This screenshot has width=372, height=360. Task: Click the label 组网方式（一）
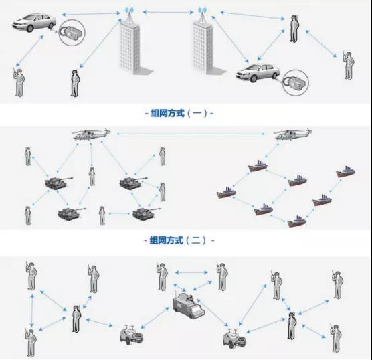point(179,114)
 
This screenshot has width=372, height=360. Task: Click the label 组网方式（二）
point(179,240)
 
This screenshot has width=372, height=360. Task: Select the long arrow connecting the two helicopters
point(191,134)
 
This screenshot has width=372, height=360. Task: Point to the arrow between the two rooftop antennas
point(168,12)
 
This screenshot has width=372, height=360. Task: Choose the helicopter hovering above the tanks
point(92,134)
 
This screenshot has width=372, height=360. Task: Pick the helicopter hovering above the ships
point(293,134)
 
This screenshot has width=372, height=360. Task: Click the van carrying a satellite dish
point(188,305)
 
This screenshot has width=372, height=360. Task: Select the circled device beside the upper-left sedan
point(72,33)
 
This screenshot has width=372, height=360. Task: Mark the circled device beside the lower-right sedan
point(296,82)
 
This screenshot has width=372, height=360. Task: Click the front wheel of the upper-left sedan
point(30,29)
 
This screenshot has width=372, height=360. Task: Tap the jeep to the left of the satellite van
point(131,335)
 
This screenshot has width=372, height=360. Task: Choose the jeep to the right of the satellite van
point(234,339)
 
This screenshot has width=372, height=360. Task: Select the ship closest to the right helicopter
point(258,166)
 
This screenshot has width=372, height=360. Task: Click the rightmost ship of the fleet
point(346,171)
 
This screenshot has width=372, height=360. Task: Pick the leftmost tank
point(58,183)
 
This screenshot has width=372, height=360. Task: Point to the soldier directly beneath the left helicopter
point(92,177)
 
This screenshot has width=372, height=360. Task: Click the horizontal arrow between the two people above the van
point(191,272)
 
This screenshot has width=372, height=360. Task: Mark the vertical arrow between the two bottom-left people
point(32,311)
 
